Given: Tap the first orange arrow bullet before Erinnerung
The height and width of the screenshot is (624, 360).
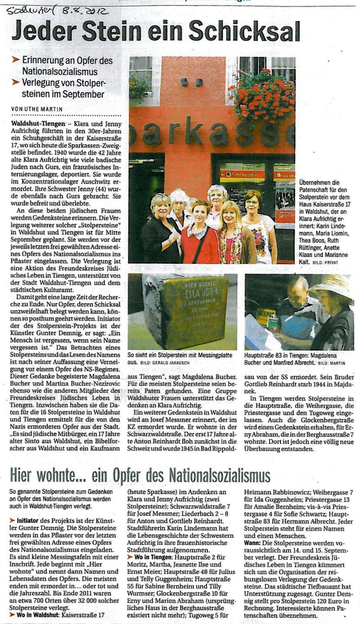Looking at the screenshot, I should tap(15, 60).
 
